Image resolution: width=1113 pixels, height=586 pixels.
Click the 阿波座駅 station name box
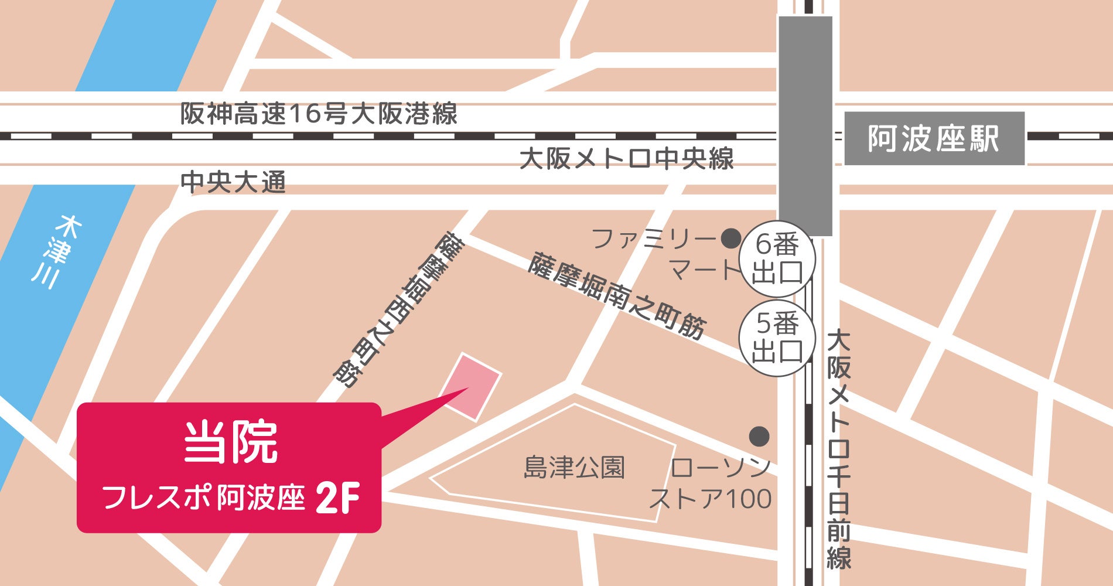(934, 139)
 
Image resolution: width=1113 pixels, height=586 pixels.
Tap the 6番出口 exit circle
(777, 258)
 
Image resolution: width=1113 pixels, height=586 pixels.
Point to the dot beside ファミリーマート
(730, 239)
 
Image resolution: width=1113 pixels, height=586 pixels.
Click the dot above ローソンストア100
(759, 436)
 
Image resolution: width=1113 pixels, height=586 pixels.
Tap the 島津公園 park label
(574, 468)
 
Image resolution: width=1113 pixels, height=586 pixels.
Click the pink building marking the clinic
(471, 386)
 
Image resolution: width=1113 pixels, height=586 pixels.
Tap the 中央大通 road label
(233, 182)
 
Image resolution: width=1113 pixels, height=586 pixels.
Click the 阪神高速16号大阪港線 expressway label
(318, 114)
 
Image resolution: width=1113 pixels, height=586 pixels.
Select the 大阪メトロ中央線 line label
(626, 159)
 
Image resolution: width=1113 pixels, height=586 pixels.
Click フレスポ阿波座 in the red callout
(203, 499)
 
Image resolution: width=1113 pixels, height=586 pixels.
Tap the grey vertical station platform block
(805, 126)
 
